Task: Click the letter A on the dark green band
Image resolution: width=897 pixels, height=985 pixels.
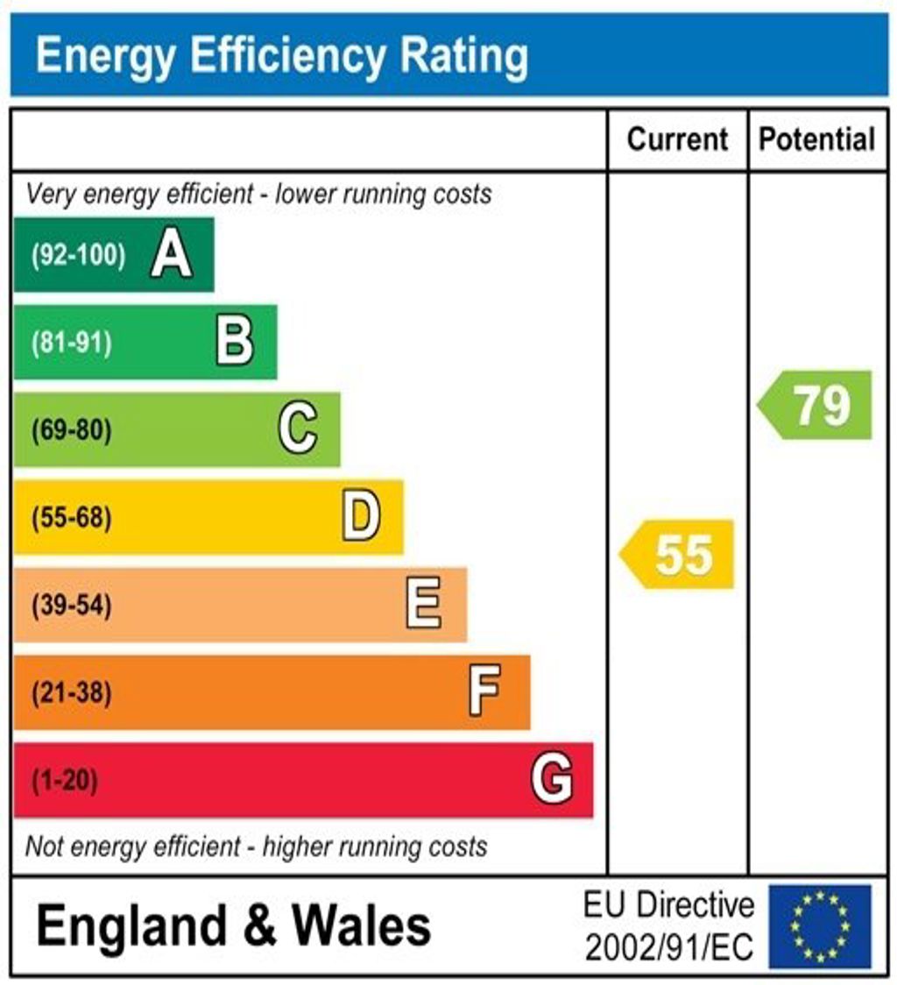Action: (171, 256)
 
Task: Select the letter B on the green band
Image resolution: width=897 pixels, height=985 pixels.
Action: (235, 343)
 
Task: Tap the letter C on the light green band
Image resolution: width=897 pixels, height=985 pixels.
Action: (298, 430)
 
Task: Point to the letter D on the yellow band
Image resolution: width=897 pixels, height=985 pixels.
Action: (361, 518)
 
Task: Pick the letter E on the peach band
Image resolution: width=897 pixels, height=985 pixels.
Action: (424, 606)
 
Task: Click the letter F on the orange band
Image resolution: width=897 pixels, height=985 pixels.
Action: (484, 693)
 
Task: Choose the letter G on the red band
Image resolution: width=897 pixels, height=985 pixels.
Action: (552, 780)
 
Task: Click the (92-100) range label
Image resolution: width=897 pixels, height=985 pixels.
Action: (79, 256)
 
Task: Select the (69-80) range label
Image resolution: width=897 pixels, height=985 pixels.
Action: (72, 431)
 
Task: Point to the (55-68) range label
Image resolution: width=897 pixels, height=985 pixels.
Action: (72, 519)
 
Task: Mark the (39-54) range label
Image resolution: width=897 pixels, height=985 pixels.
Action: (72, 606)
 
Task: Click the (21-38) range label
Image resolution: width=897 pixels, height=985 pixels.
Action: (72, 694)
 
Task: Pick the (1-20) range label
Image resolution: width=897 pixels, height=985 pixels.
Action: (65, 781)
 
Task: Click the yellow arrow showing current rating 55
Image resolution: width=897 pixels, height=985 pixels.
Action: (678, 555)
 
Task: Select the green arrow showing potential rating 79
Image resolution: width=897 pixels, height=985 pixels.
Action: (816, 405)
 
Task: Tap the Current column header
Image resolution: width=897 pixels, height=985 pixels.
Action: (678, 139)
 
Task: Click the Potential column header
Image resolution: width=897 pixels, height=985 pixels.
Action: (816, 139)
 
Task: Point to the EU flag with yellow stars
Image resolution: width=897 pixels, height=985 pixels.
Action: (820, 926)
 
